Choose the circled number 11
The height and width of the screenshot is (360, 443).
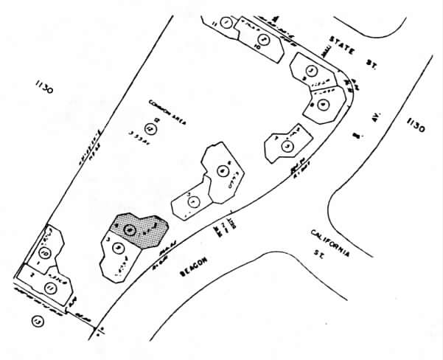click(50, 286)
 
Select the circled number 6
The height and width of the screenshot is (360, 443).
click(223, 173)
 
